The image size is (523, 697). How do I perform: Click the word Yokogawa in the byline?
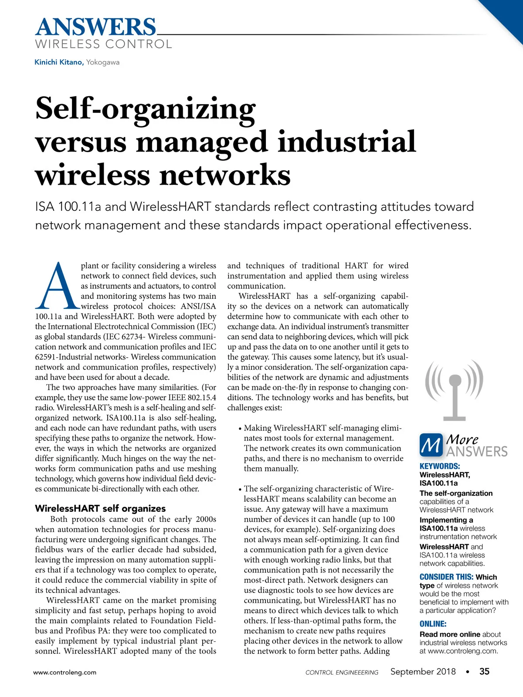pos(103,62)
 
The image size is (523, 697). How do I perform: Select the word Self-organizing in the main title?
pos(145,110)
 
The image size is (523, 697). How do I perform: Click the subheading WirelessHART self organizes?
pos(100,508)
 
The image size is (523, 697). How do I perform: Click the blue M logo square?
pos(431,445)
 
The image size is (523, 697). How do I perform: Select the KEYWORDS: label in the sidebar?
pos(439,466)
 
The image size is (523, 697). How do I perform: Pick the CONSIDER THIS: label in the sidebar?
pos(446,577)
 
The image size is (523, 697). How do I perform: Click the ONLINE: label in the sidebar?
pos(433,624)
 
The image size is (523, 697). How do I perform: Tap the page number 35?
pos(484,671)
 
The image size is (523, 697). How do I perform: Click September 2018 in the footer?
pos(423,671)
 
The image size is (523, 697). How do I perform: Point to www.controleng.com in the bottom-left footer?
pos(65,672)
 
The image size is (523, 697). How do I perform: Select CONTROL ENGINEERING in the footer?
pos(342,672)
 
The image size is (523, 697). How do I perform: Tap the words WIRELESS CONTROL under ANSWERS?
pos(103,44)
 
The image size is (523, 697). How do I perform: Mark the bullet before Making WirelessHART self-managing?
pos(240,429)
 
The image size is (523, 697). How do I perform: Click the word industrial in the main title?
pos(346,142)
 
